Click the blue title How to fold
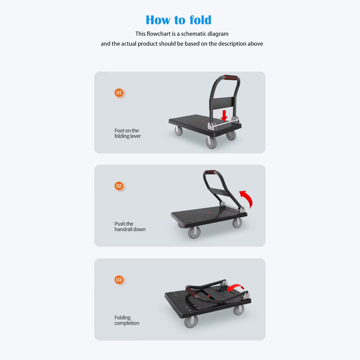pyautogui.click(x=179, y=20)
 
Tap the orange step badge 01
pyautogui.click(x=119, y=93)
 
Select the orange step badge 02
pyautogui.click(x=119, y=186)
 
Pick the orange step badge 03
pyautogui.click(x=119, y=280)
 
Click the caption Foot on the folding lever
pyautogui.click(x=127, y=134)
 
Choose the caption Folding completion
pyautogui.click(x=127, y=320)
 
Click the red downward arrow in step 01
pyautogui.click(x=224, y=116)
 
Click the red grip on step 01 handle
pyautogui.click(x=231, y=77)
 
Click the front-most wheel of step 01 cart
pyautogui.click(x=211, y=143)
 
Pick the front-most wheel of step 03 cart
pyautogui.click(x=191, y=321)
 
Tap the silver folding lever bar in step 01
pyautogui.click(x=223, y=123)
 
